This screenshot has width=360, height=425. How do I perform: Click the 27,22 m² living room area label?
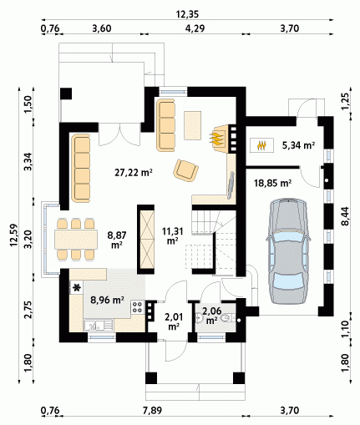134,173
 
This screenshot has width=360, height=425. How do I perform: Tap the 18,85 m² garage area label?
272,183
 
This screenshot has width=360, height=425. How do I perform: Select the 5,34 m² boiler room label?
298,145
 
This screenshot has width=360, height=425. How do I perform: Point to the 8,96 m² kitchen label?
107,300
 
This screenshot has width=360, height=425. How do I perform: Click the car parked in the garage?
288,252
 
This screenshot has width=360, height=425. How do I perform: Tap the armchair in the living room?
185,170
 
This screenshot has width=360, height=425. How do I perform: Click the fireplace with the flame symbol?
221,139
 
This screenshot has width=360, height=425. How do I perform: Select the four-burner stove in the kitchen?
138,307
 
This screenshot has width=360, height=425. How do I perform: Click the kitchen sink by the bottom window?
99,325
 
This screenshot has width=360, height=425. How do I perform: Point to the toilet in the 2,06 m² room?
228,317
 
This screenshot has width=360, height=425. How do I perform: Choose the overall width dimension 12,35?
187,14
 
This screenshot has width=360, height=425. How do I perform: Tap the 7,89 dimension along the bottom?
152,411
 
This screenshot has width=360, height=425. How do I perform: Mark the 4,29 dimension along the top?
195,28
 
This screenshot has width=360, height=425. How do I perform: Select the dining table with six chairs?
76,239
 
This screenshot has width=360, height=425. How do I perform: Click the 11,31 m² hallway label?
173,235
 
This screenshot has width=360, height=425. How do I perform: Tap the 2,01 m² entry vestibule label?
174,321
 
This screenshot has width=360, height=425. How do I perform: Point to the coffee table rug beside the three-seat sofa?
192,125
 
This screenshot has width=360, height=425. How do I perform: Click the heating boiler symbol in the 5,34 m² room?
261,145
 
